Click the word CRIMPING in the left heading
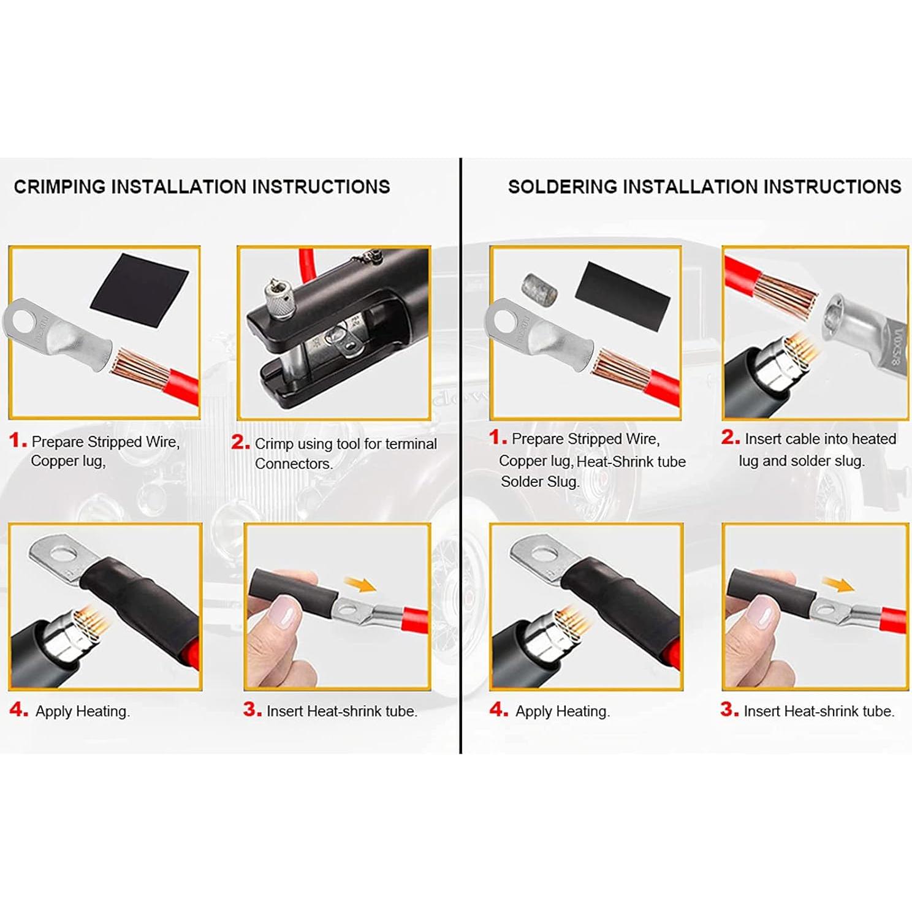[59, 187]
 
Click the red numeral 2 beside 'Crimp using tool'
[240, 443]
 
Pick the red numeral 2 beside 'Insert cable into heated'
[730, 438]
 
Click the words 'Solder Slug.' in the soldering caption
[539, 482]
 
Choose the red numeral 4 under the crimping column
[18, 710]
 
